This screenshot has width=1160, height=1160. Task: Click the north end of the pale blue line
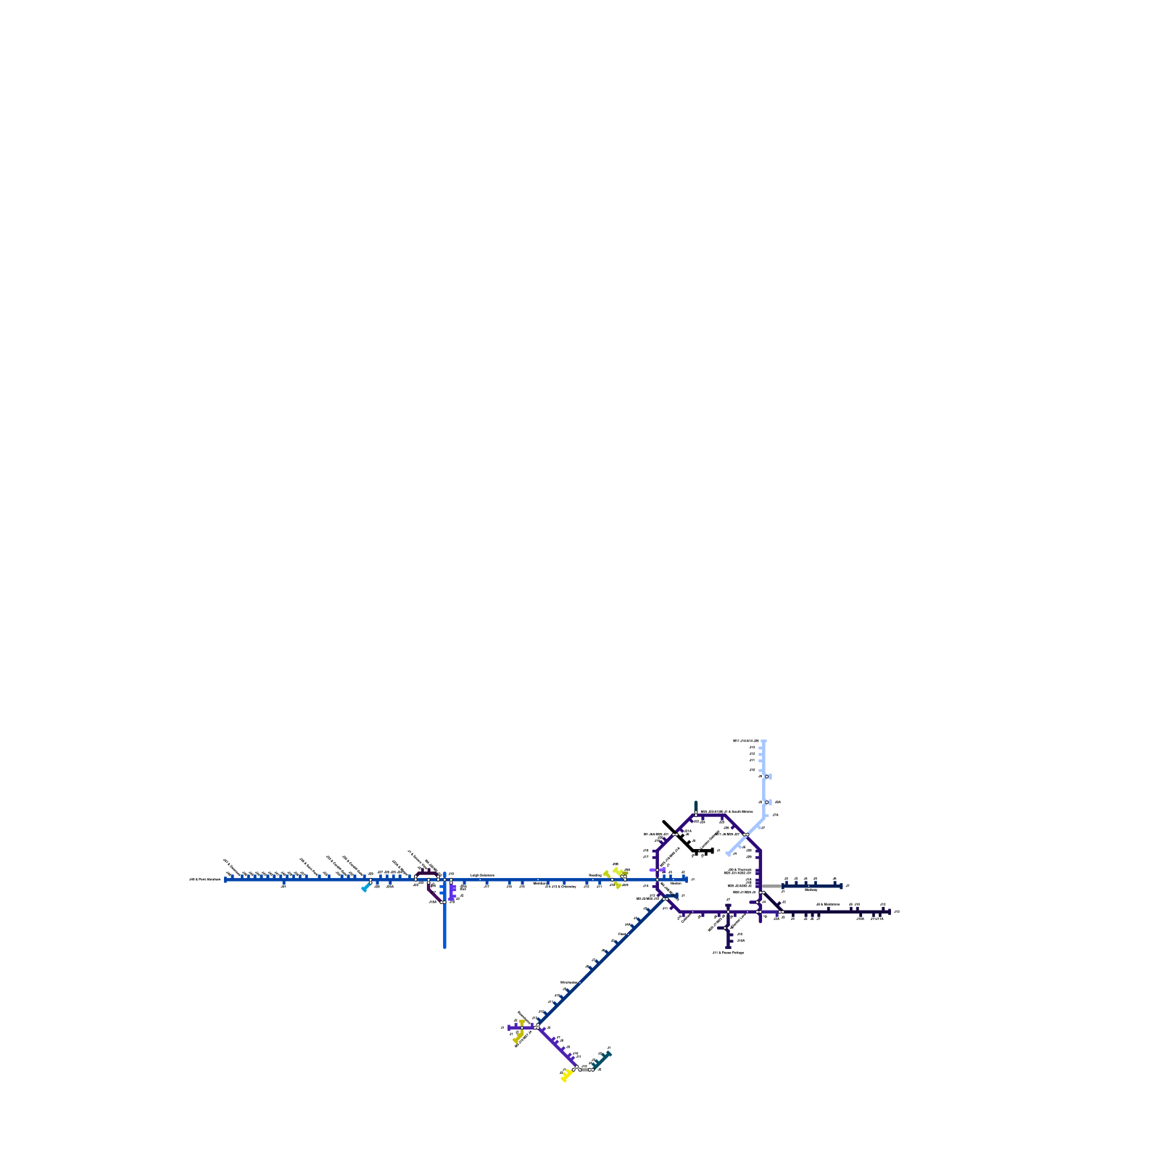[x=764, y=741]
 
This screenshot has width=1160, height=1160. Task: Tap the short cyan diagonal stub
[x=365, y=888]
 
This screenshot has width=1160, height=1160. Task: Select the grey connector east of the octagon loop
[x=771, y=886]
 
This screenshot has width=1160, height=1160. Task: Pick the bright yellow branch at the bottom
[x=565, y=1077]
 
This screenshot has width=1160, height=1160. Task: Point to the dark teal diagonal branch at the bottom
[x=602, y=1059]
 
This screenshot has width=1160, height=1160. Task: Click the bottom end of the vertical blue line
[x=444, y=947]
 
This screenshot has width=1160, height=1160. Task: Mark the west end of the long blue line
[x=225, y=879]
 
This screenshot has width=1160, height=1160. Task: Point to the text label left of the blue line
[x=205, y=879]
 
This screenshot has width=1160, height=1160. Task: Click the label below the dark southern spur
[x=728, y=953]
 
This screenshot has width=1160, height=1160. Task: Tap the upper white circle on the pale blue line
[x=766, y=776]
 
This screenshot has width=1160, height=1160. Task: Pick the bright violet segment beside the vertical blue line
[x=452, y=892]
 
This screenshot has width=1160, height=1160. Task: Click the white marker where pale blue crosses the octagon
[x=745, y=836]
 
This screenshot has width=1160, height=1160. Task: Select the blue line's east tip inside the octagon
[x=685, y=879]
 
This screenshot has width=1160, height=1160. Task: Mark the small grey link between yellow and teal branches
[x=584, y=1069]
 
